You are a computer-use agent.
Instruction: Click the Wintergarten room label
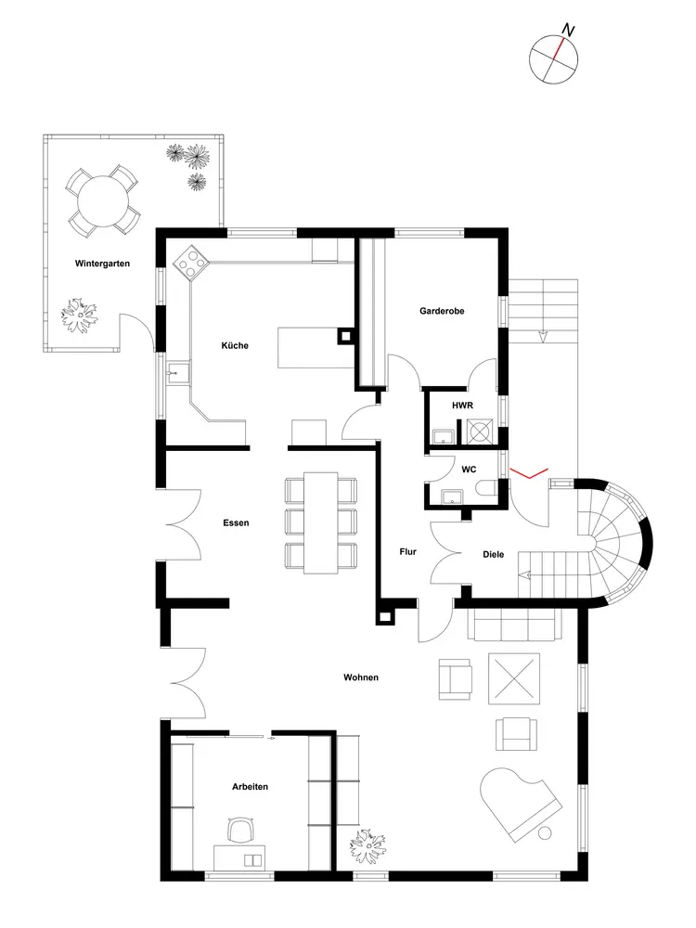[x=102, y=264]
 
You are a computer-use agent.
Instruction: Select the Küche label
[x=234, y=346]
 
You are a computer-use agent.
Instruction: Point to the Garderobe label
[x=441, y=312]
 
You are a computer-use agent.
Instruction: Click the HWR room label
[x=462, y=406]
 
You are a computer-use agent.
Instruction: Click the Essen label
[x=236, y=522]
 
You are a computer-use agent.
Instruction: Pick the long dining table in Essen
[x=321, y=522]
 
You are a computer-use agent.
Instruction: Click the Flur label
[x=407, y=551]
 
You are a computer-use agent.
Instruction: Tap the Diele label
[x=494, y=555]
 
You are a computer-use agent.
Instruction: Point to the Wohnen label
[x=361, y=677]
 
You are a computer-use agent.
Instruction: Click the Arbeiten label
[x=250, y=787]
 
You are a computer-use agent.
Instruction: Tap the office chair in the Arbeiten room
[x=241, y=831]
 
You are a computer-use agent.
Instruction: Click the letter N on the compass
[x=568, y=32]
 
